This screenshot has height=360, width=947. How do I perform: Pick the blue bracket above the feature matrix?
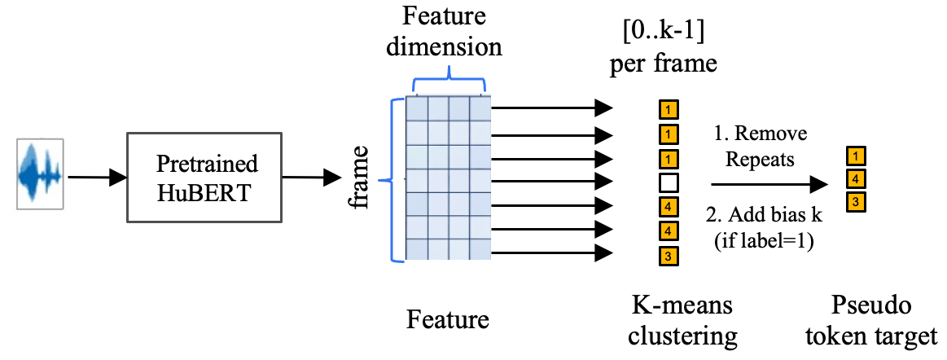(x=449, y=82)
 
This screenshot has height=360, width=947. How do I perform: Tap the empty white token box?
(x=668, y=181)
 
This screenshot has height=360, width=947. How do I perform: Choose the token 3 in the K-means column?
(x=668, y=257)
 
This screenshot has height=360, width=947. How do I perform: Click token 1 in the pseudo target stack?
(x=855, y=155)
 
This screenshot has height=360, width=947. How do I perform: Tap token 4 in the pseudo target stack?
(x=855, y=178)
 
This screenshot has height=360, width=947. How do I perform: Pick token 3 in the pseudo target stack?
(x=855, y=201)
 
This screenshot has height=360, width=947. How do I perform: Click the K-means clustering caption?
(x=683, y=320)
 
